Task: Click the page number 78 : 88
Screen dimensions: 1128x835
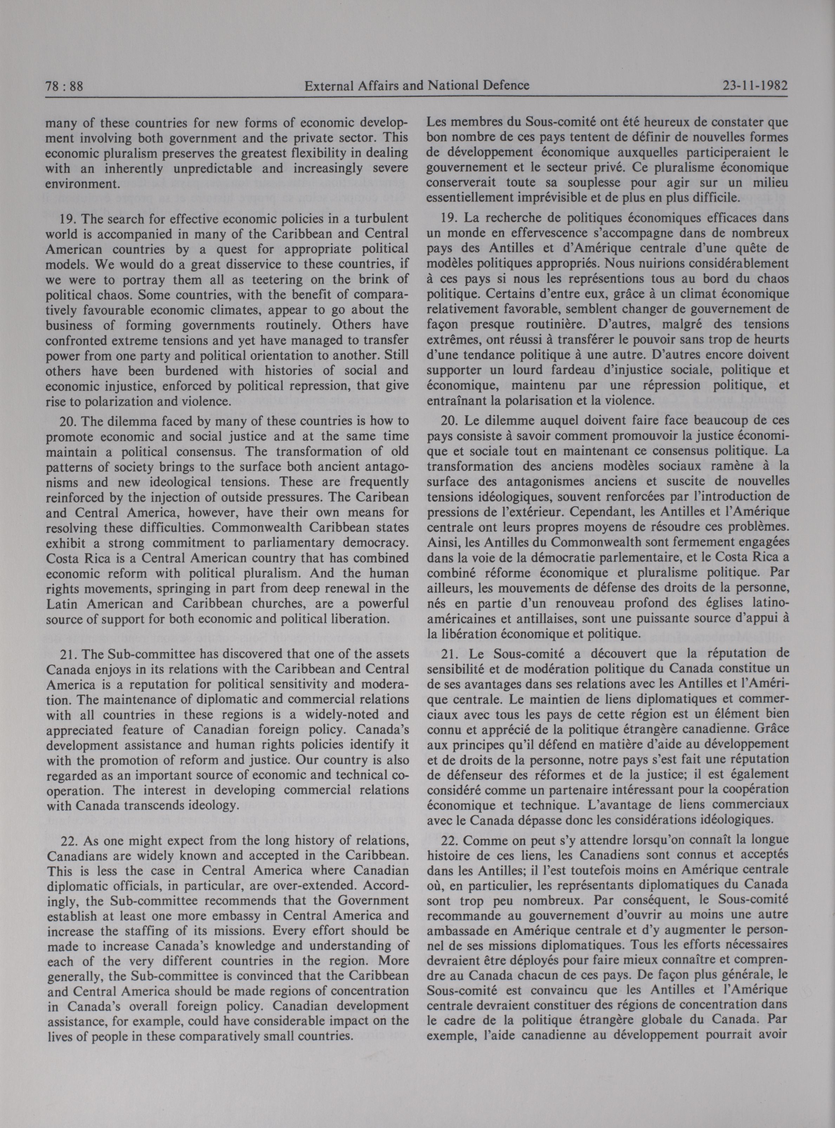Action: (x=63, y=86)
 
